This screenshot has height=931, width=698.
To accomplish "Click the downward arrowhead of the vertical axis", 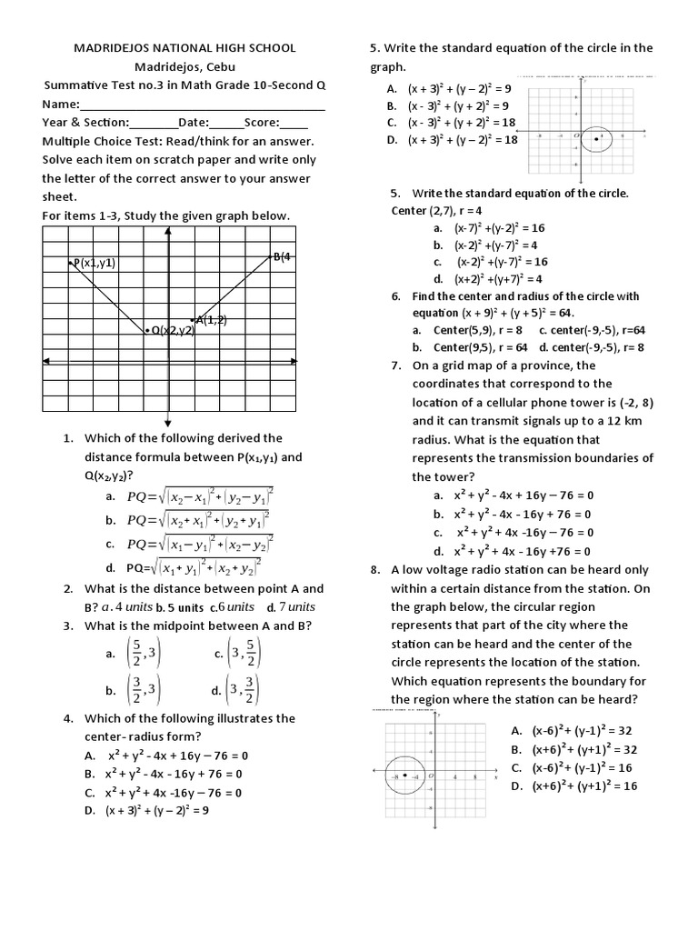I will pos(169,420).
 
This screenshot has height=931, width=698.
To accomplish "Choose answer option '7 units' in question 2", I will pos(294,606).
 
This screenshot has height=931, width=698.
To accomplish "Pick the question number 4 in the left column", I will pos(68,718).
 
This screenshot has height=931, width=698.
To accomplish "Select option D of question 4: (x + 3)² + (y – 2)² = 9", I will pos(157,810).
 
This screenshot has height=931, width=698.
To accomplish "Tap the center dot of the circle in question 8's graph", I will pos(405,776).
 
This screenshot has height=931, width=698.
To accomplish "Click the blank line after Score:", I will pos(294,124).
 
